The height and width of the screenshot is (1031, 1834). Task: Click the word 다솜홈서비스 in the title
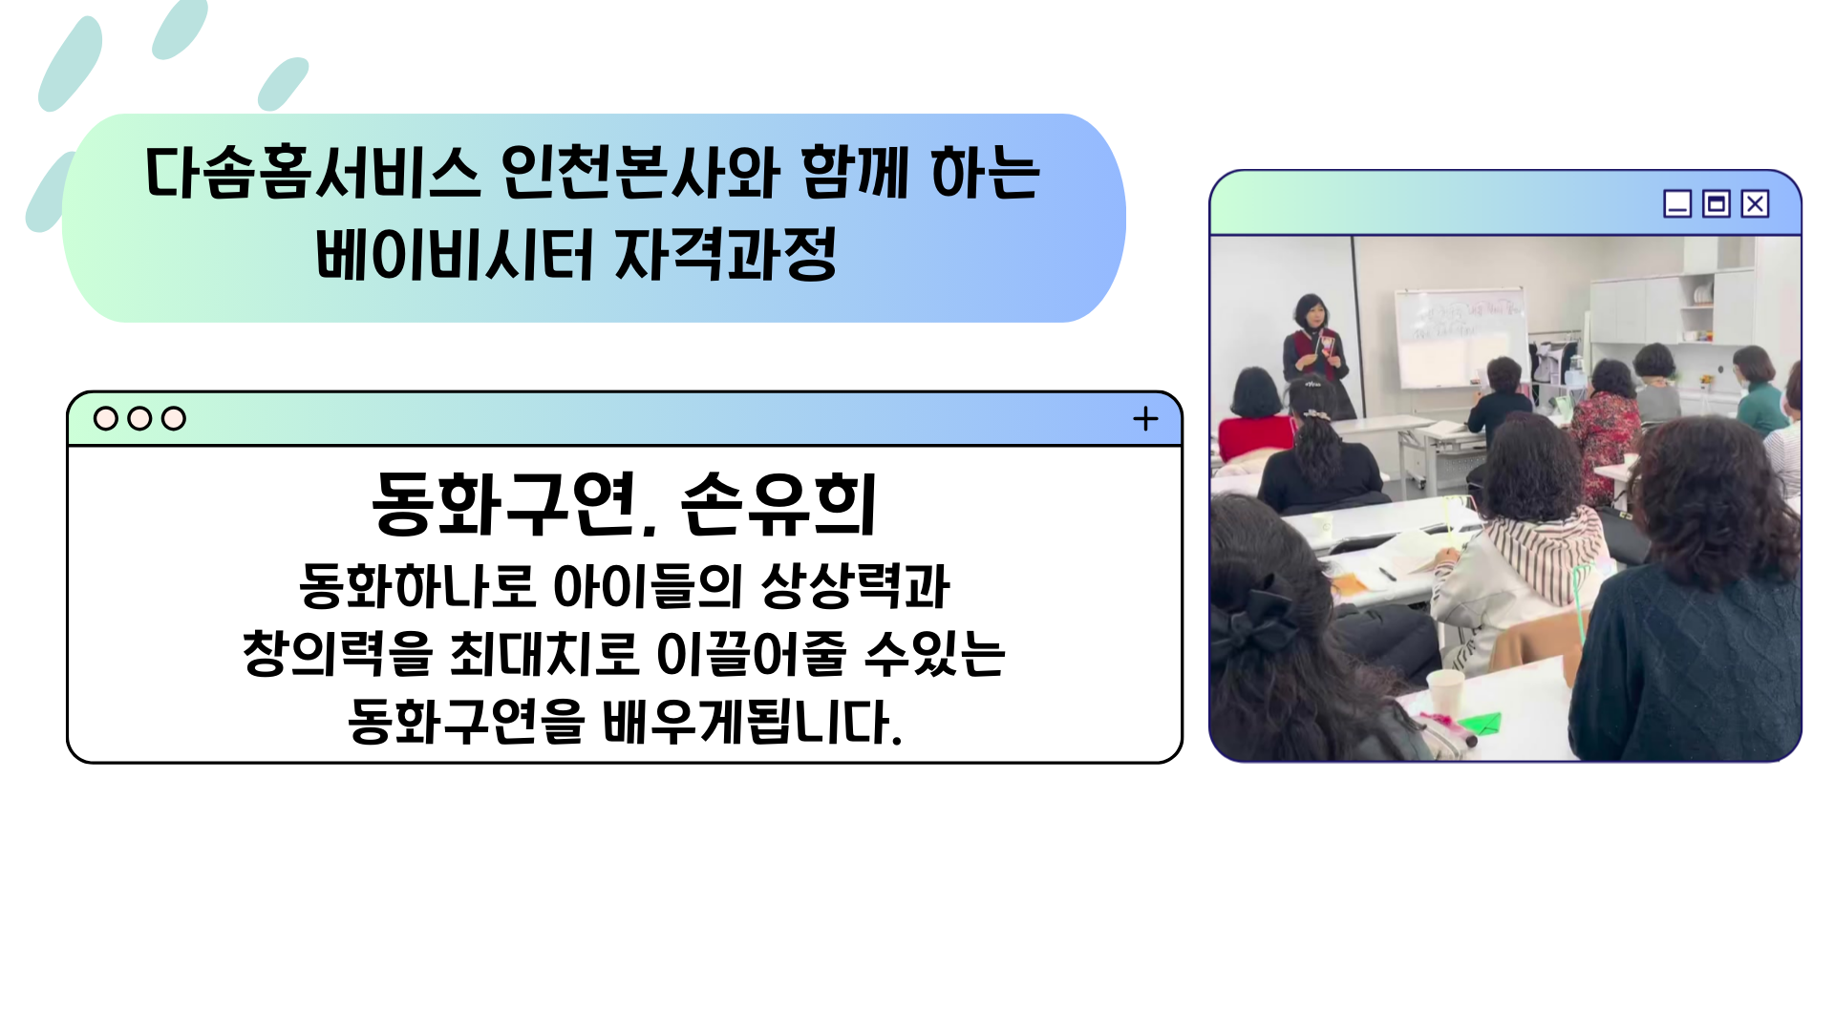point(312,173)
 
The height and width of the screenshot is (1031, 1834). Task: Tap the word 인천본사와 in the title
point(640,173)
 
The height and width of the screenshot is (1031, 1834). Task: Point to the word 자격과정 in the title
point(726,254)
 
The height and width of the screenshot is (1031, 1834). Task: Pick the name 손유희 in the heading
point(778,504)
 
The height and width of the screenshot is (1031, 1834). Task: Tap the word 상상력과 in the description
point(856,585)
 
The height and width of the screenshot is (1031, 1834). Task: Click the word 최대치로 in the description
point(543,654)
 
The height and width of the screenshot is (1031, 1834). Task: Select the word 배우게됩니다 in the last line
point(752,722)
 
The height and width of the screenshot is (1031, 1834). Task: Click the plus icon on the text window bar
point(1145,418)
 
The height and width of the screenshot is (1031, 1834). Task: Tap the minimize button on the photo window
point(1677,203)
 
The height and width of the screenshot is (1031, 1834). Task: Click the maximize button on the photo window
point(1717,203)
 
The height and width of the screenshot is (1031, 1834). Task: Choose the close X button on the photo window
point(1755,203)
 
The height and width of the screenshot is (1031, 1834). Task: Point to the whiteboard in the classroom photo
point(1459,336)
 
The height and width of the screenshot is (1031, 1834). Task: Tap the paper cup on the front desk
point(1443,690)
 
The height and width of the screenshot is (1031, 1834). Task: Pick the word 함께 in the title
point(854,173)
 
